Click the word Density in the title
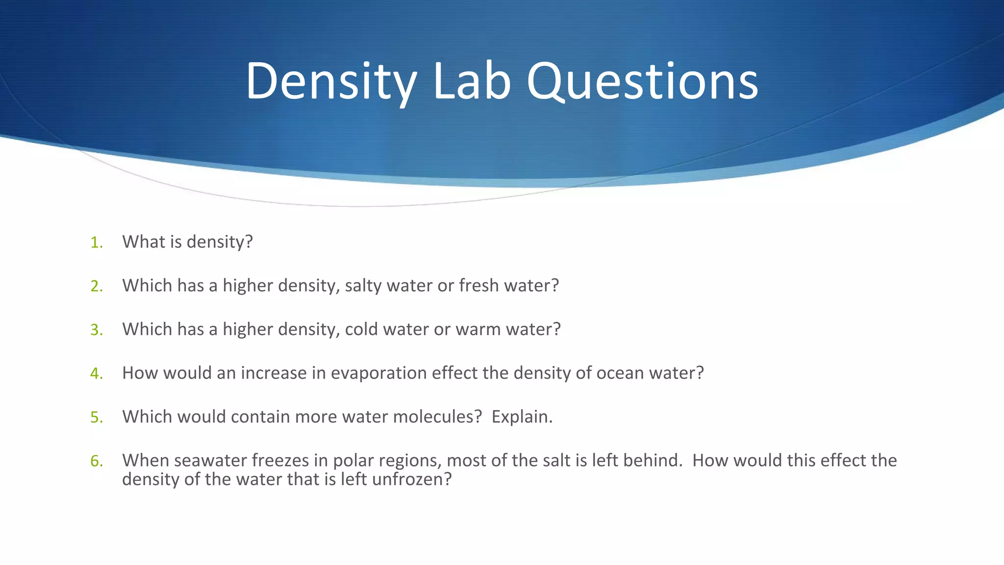pyautogui.click(x=331, y=81)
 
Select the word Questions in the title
pyautogui.click(x=643, y=81)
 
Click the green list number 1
pyautogui.click(x=96, y=242)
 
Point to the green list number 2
pyautogui.click(x=96, y=286)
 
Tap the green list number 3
pyautogui.click(x=96, y=330)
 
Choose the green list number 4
pyautogui.click(x=96, y=374)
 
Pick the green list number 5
pyautogui.click(x=96, y=417)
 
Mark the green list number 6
pyautogui.click(x=96, y=461)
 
